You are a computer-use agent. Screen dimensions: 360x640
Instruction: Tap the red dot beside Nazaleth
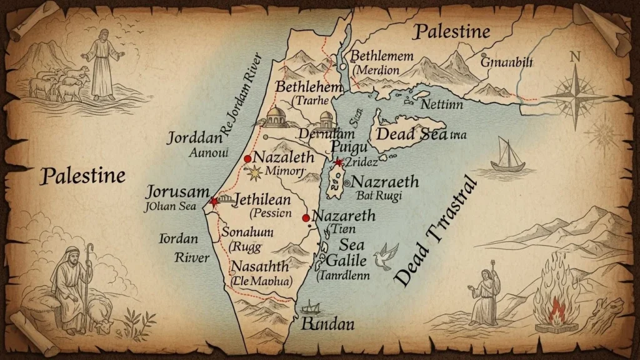point(247,159)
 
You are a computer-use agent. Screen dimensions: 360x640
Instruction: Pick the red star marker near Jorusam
point(214,201)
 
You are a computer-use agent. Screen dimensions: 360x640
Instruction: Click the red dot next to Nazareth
point(306,217)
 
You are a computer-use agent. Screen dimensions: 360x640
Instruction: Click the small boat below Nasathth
point(311,307)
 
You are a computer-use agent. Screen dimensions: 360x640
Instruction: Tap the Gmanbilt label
point(506,62)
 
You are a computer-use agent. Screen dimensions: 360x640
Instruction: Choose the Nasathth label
point(259,267)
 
